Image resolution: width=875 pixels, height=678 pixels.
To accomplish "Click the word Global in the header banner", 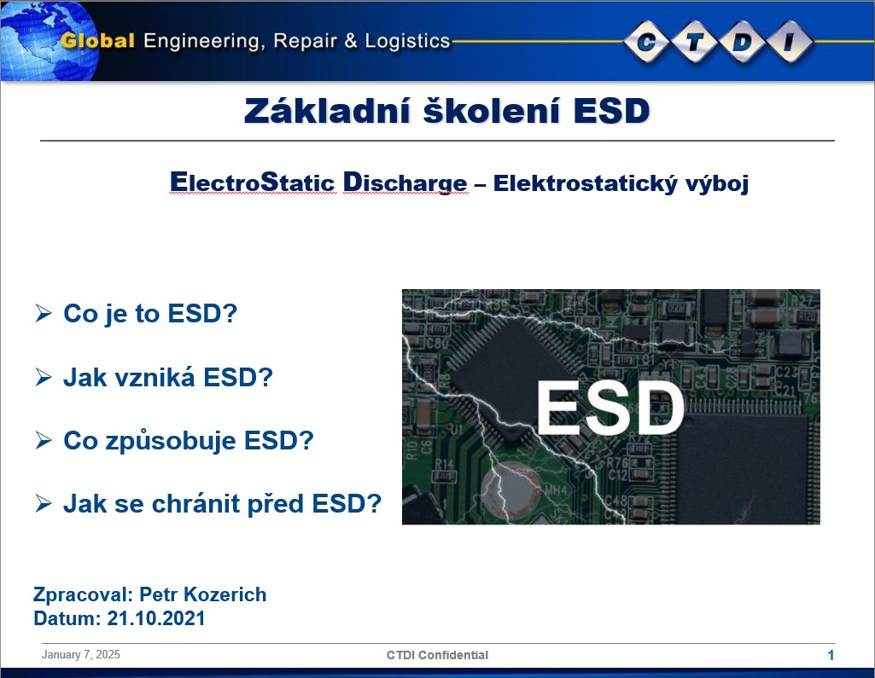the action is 97,41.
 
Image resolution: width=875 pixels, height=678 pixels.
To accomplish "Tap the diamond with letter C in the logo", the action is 646,41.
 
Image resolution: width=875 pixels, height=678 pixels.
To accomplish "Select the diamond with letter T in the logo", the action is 694,41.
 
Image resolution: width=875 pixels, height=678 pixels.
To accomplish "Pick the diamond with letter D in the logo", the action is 742,41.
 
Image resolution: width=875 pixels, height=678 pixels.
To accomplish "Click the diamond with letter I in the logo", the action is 790,41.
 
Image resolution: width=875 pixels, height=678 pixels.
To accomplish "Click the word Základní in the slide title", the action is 327,110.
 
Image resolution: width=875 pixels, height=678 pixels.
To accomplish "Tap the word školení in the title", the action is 492,110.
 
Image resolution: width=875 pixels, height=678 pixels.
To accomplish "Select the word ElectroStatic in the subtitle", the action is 252,183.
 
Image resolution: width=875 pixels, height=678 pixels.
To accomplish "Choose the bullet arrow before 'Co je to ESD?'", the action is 43,313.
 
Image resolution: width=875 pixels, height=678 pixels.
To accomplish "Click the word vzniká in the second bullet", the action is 155,378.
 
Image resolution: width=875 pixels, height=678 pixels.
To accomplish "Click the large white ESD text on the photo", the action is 610,408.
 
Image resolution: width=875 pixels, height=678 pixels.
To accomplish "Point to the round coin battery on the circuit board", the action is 510,490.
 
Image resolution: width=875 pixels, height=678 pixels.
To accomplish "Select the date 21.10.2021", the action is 155,618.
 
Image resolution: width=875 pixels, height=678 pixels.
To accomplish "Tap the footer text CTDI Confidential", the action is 437,655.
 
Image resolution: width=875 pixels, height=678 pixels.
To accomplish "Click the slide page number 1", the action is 831,655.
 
